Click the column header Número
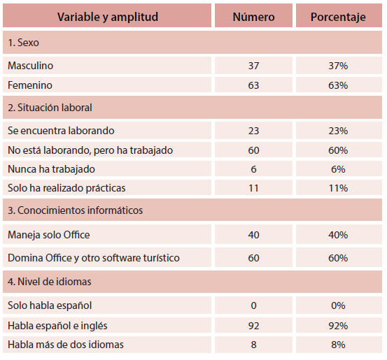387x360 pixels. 253,17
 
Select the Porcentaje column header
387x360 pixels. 338,17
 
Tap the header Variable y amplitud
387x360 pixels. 108,17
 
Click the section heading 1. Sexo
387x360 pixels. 24,43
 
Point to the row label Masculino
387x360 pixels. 30,66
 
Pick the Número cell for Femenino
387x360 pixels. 253,85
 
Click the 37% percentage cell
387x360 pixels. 338,66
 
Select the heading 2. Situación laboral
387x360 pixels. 50,108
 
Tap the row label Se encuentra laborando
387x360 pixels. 61,131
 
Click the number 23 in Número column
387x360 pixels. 253,131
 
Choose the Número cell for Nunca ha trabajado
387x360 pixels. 253,169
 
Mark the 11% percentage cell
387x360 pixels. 338,188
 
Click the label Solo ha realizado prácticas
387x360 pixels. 66,188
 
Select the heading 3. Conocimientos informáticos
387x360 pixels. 76,210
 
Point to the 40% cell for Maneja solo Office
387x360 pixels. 338,235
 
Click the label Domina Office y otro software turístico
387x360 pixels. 94,258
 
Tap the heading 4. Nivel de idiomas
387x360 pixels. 50,282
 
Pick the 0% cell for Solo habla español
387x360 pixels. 338,305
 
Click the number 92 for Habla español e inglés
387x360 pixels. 253,326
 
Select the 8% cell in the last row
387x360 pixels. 338,345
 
